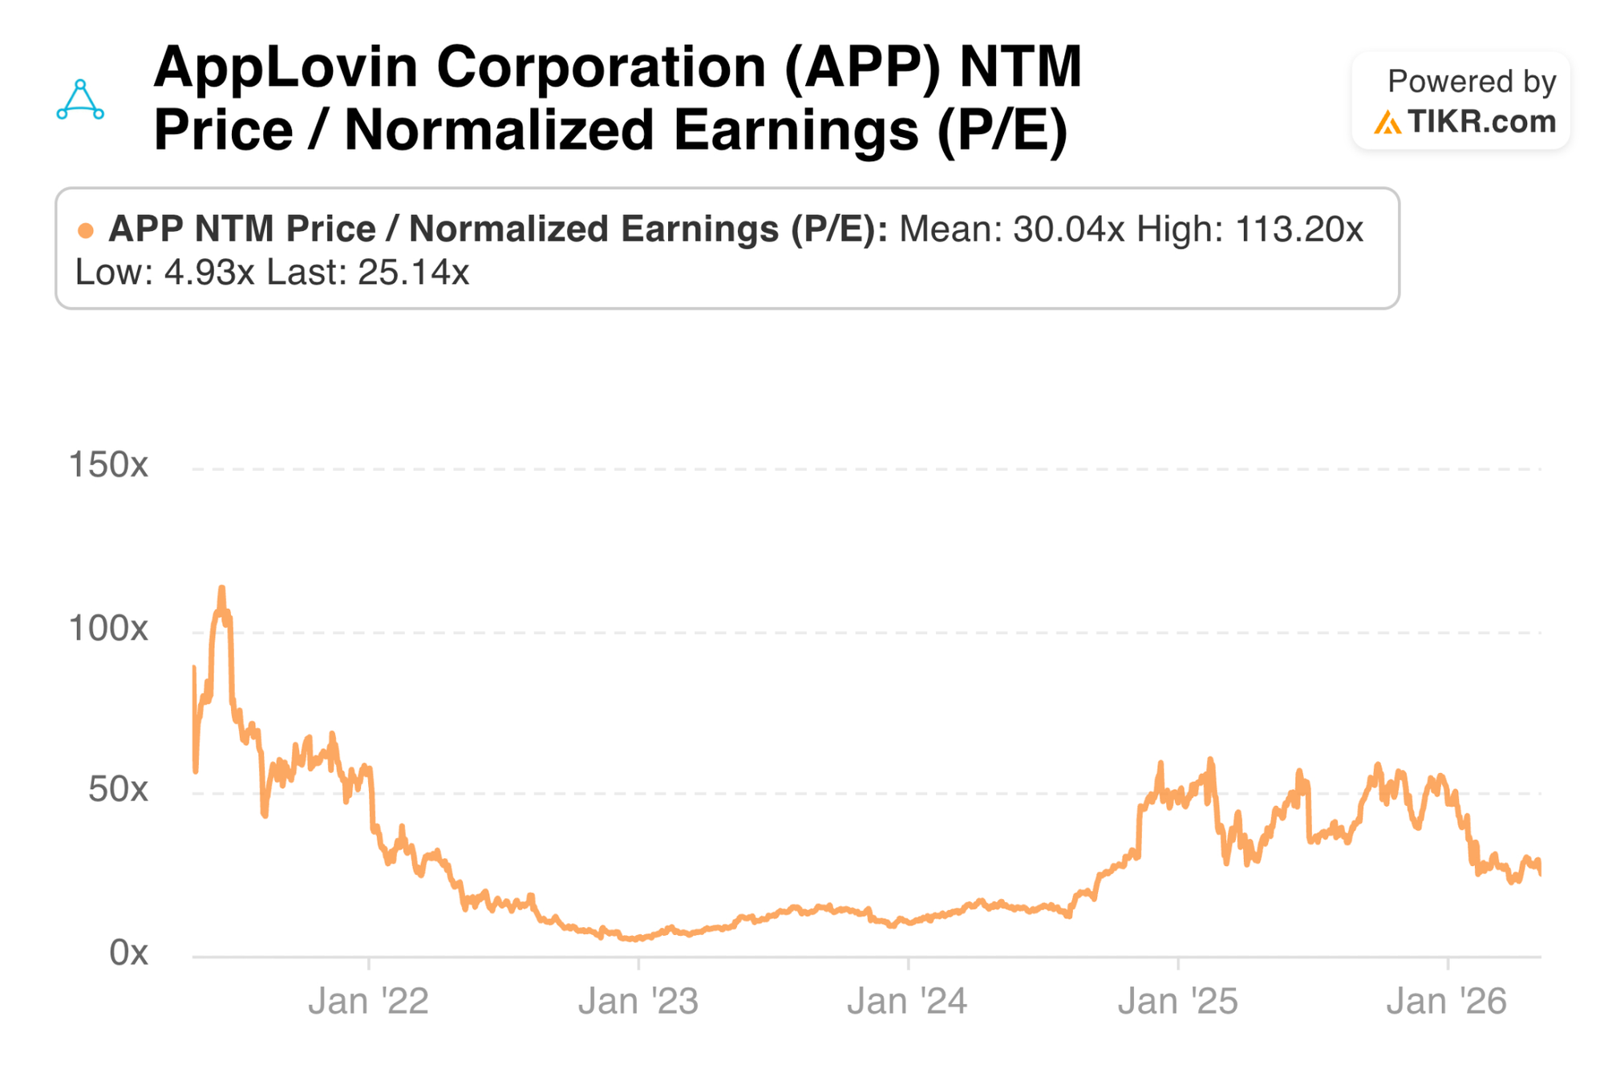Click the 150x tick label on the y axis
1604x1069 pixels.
(x=108, y=465)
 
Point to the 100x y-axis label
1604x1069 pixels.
(x=108, y=629)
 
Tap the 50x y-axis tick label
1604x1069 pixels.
(x=118, y=790)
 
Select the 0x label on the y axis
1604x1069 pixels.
(x=128, y=953)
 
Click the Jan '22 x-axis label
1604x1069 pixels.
(x=368, y=1002)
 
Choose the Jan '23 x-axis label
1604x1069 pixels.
(x=638, y=1002)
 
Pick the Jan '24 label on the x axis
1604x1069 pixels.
(x=908, y=1002)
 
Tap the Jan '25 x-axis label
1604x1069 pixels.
(x=1178, y=1002)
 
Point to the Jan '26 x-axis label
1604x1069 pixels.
(x=1448, y=1002)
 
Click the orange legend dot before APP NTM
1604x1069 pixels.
(x=85, y=231)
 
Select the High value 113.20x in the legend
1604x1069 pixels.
(x=1299, y=229)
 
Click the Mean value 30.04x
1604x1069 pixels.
(x=1069, y=229)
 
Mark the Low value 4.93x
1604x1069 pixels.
(x=209, y=273)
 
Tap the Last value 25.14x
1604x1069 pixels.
(x=413, y=273)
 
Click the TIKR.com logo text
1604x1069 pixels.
(x=1481, y=122)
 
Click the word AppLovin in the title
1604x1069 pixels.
(x=286, y=69)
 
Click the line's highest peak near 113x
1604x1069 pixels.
(x=222, y=588)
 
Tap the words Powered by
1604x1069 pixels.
(x=1472, y=82)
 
